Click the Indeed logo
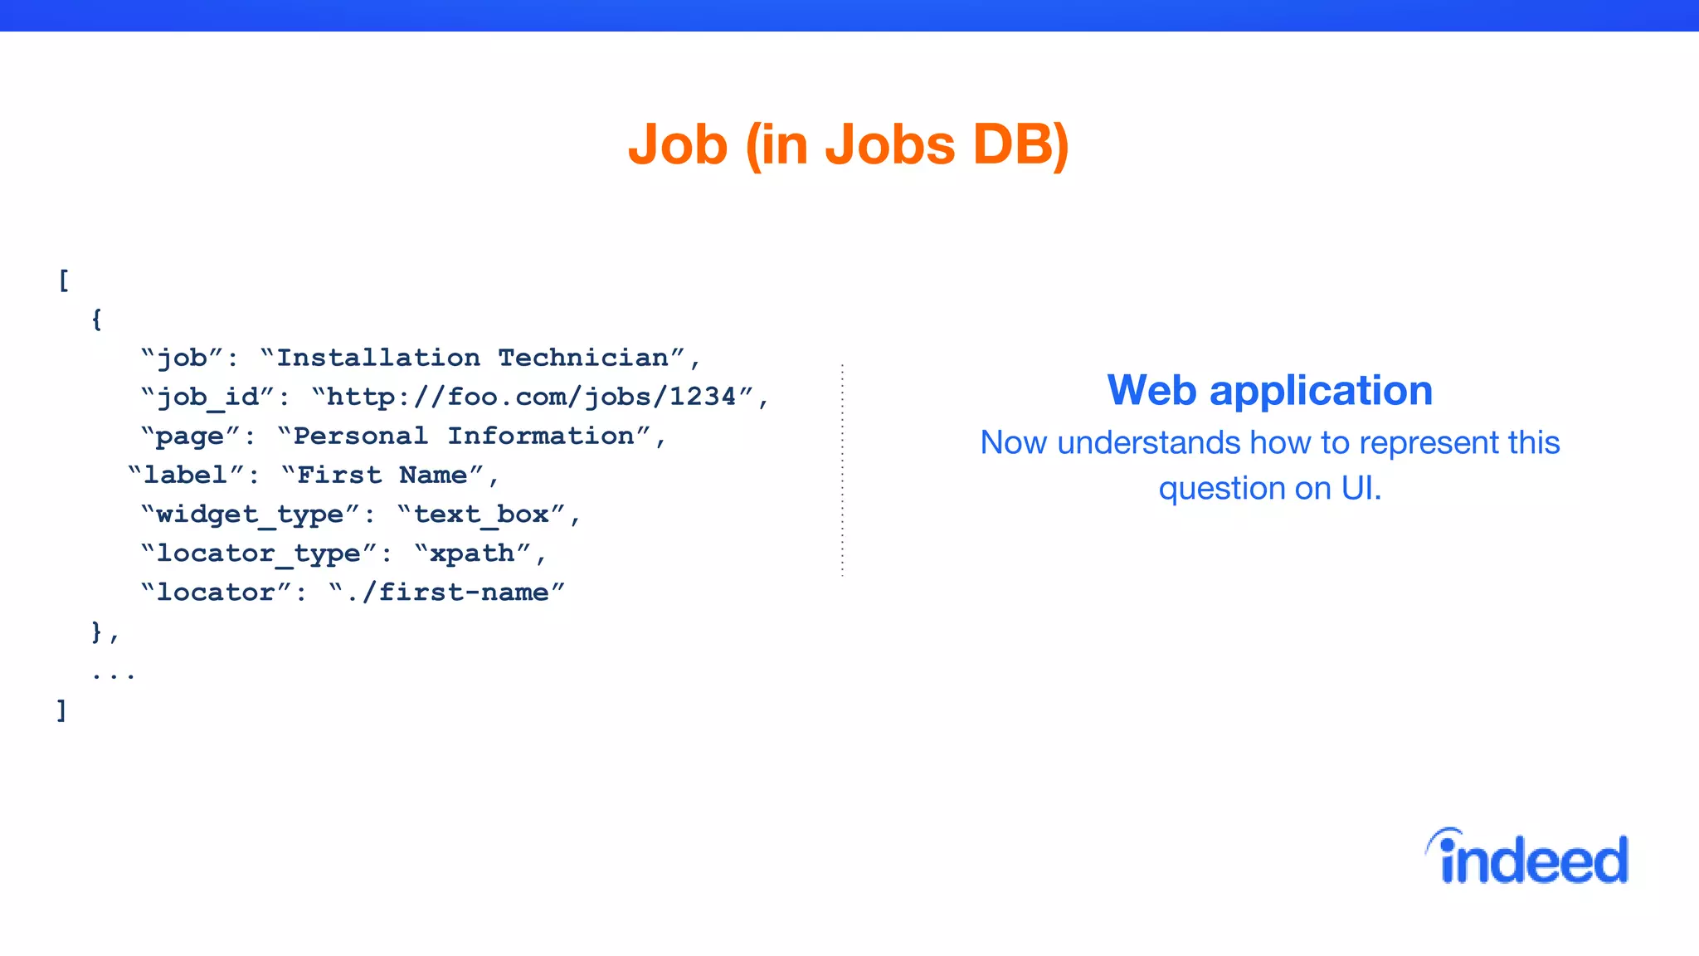point(1528,858)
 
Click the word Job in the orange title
point(678,144)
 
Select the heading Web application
point(1269,390)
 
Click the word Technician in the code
point(583,358)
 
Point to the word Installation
point(378,358)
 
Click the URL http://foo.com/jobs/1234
point(532,397)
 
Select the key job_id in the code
point(208,397)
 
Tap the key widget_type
point(249,515)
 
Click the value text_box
point(481,515)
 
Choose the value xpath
point(471,554)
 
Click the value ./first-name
point(448,593)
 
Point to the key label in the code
point(185,476)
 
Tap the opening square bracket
point(64,280)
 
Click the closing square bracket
point(61,710)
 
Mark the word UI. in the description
point(1361,489)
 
